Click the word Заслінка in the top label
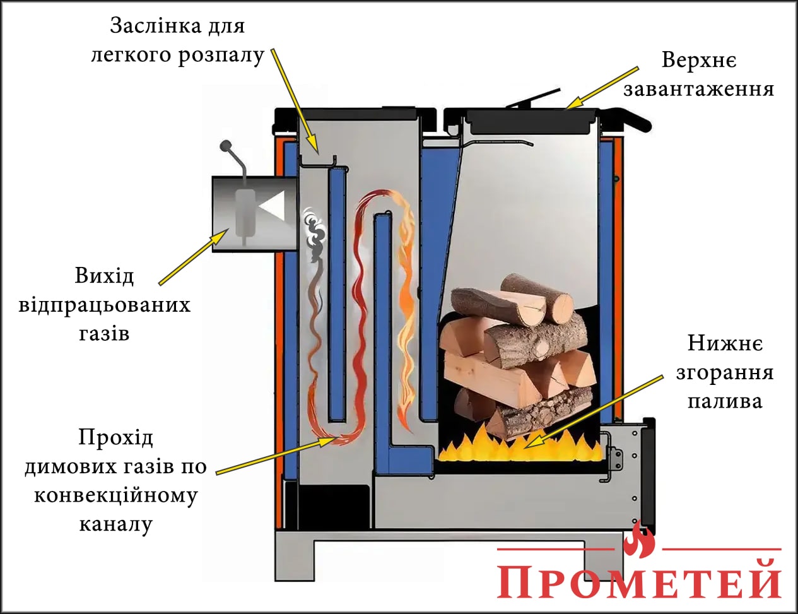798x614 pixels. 148,26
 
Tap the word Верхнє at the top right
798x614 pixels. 698,61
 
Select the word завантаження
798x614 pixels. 698,88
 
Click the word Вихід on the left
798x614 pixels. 104,276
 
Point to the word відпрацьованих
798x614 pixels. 104,305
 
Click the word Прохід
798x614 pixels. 115,437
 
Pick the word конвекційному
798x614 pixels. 115,495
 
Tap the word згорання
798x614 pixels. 724,372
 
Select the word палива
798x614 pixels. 724,401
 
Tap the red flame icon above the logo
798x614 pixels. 638,539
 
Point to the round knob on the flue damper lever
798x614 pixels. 225,146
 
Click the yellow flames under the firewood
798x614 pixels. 517,445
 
